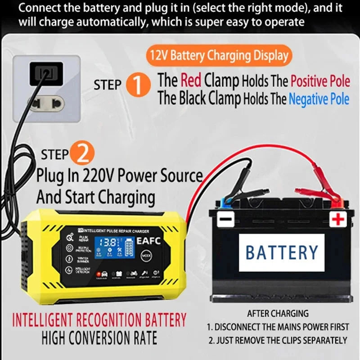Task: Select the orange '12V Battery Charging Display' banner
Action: [217, 56]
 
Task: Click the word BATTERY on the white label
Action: [282, 252]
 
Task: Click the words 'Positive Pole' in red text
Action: [320, 81]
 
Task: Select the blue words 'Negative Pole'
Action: [319, 99]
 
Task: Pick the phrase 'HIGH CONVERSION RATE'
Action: [99, 338]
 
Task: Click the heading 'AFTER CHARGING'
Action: [278, 313]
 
